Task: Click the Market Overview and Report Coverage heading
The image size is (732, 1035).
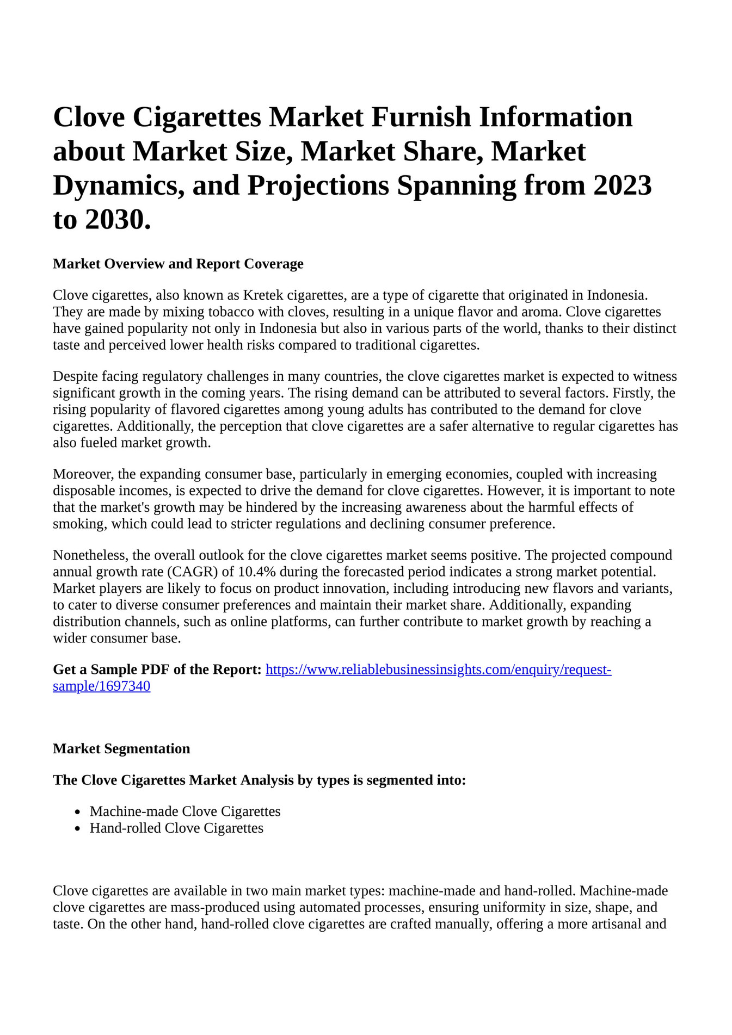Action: (178, 264)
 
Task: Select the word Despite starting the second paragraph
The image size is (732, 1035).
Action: (74, 376)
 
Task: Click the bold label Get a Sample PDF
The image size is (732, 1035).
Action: (157, 670)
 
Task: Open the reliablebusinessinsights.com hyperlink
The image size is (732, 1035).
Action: (438, 670)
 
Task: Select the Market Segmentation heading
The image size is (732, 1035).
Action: (121, 749)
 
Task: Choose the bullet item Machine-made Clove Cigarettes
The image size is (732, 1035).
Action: (185, 811)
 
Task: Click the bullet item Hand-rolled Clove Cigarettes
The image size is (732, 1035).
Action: (176, 828)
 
